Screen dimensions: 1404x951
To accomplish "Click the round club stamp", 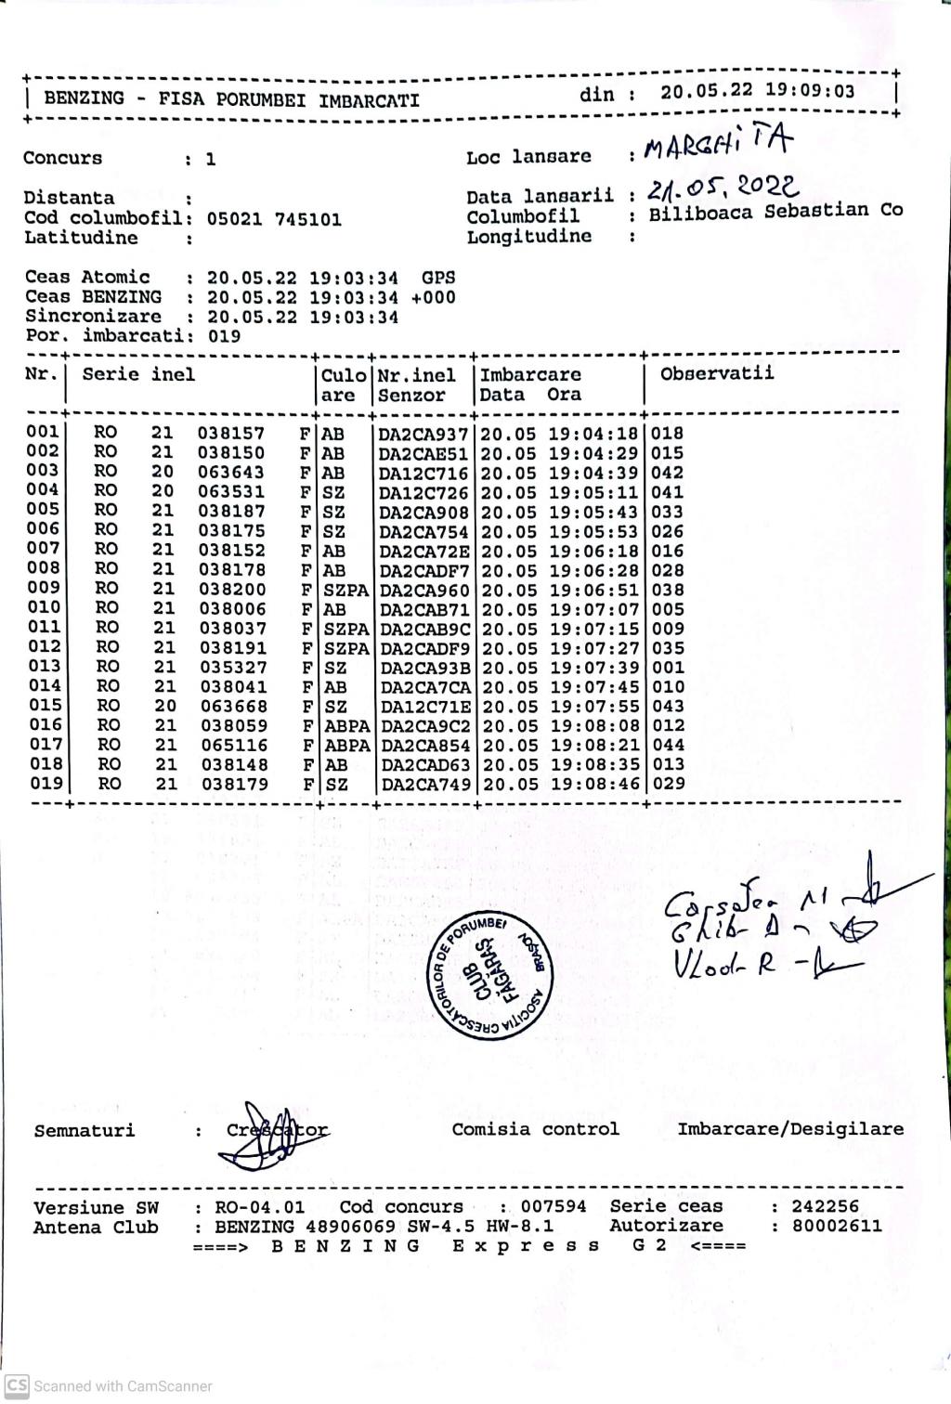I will click(x=492, y=976).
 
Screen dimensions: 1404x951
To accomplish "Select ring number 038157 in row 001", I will click(x=230, y=434).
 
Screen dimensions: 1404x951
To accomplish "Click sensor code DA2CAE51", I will click(x=424, y=453).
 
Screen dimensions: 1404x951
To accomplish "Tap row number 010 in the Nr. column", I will click(x=44, y=607).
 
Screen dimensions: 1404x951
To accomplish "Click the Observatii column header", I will click(x=717, y=374).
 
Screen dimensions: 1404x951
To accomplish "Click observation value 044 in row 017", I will click(x=669, y=745).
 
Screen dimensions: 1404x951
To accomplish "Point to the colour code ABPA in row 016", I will click(x=346, y=725).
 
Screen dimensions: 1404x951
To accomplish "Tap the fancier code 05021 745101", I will click(x=274, y=220).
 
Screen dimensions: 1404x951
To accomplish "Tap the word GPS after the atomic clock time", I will click(x=438, y=277).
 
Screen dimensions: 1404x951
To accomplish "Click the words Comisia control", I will click(x=535, y=1129).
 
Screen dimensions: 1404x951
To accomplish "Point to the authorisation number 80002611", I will click(x=837, y=1226).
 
